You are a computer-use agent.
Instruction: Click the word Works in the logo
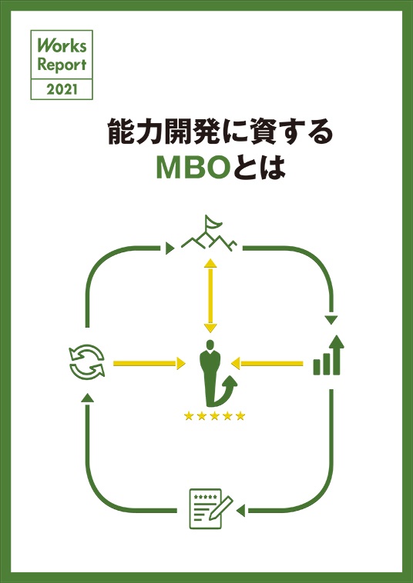62,45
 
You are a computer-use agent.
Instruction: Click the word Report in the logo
62,65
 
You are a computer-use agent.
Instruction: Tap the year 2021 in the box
62,90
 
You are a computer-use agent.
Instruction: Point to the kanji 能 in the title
119,132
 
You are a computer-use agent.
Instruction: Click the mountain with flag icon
209,233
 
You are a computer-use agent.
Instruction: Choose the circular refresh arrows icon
87,361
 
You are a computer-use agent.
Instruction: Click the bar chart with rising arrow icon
328,355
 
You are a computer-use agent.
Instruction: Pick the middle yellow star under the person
215,416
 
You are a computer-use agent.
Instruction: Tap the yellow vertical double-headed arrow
211,295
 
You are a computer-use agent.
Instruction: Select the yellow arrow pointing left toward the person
267,363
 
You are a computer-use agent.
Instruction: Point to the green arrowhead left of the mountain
170,248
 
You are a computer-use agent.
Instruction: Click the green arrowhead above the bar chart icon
331,320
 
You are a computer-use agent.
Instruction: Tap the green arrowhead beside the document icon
240,511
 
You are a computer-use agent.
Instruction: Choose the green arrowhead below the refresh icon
87,398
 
